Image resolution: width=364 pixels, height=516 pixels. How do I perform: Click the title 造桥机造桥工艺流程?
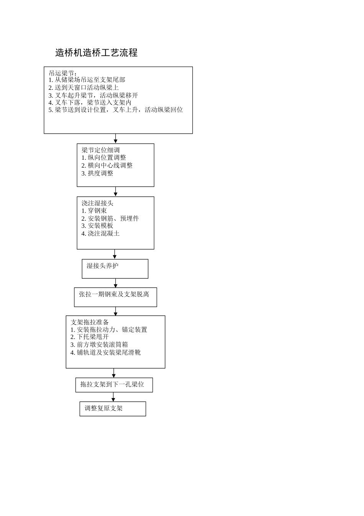tap(96, 53)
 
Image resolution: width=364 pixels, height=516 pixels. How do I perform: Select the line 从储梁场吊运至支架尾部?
tap(87, 80)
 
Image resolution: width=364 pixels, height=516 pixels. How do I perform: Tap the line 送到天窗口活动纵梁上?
tap(84, 88)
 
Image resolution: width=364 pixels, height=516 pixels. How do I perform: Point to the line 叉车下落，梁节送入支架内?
tap(90, 103)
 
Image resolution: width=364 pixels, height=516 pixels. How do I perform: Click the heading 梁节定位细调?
tap(101, 150)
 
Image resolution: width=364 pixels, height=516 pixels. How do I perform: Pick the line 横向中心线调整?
tap(107, 165)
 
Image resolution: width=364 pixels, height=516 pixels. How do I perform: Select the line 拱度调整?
tap(97, 173)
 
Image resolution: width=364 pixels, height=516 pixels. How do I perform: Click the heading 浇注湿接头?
tap(97, 203)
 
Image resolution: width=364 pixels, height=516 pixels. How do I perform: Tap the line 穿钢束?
tap(94, 210)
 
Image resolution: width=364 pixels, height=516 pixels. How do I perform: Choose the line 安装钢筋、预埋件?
tap(110, 218)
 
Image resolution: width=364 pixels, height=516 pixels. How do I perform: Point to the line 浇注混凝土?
tap(100, 233)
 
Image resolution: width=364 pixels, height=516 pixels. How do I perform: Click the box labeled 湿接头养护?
tap(115, 269)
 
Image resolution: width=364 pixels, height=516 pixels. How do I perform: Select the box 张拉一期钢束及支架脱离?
tap(115, 297)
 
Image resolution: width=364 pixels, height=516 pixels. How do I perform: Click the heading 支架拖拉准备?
tap(90, 322)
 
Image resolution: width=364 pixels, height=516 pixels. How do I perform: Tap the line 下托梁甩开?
tap(89, 337)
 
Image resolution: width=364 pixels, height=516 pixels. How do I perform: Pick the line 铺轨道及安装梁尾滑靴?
tap(105, 352)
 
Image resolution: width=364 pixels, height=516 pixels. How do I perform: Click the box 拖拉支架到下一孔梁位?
tap(114, 385)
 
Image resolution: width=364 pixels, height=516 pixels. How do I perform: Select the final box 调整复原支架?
tap(113, 409)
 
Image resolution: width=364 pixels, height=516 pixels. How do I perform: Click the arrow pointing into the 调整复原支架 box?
tap(113, 397)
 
